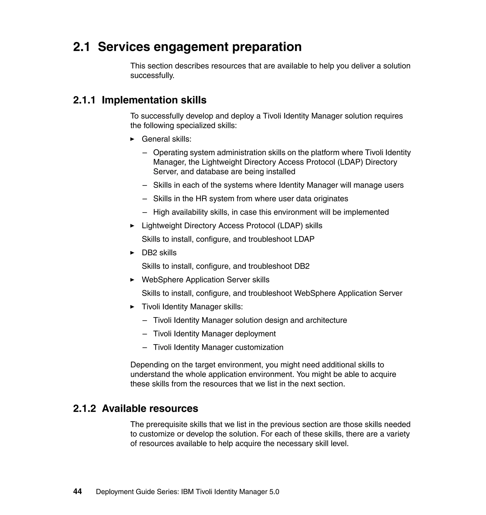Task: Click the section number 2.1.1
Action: pyautogui.click(x=84, y=100)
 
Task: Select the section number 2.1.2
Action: pyautogui.click(x=84, y=408)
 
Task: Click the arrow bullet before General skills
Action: pyautogui.click(x=132, y=139)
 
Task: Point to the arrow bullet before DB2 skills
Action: pyautogui.click(x=132, y=253)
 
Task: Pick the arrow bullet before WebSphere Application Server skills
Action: pyautogui.click(x=132, y=280)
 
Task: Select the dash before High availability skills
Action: pyautogui.click(x=145, y=212)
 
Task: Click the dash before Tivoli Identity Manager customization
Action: pyautogui.click(x=145, y=348)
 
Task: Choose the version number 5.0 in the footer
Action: pyautogui.click(x=274, y=492)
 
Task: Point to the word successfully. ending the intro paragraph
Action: pyautogui.click(x=152, y=76)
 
